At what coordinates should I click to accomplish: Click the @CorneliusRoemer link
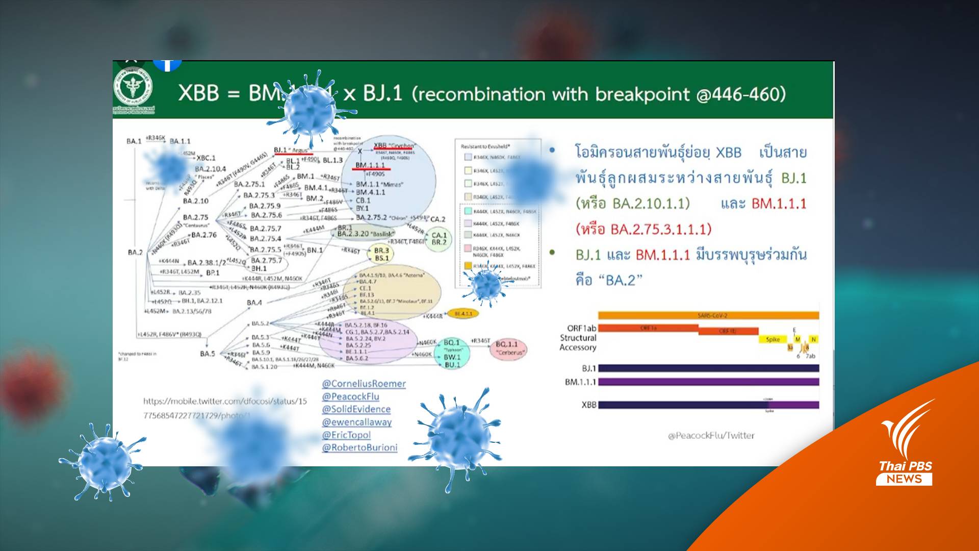click(x=364, y=384)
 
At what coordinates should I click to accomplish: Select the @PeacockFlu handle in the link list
click(x=350, y=396)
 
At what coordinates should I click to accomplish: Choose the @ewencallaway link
click(x=356, y=422)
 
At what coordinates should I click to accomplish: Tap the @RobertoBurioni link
click(x=359, y=447)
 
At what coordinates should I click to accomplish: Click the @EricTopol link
click(x=346, y=435)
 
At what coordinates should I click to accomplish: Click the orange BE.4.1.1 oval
click(x=463, y=314)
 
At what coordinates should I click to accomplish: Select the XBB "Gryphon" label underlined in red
click(x=394, y=146)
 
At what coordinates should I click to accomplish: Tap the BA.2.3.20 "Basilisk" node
click(x=366, y=234)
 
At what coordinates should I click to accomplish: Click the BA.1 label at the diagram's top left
click(x=134, y=141)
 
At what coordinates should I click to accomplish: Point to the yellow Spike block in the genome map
click(x=772, y=339)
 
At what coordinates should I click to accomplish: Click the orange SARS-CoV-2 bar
click(x=708, y=316)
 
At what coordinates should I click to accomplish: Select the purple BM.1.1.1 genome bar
click(x=708, y=382)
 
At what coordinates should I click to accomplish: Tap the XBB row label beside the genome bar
click(x=588, y=405)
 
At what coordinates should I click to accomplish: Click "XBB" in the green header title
click(x=198, y=93)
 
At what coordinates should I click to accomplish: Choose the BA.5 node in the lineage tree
click(x=207, y=354)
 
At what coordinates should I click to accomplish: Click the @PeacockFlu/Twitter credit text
click(x=711, y=435)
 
